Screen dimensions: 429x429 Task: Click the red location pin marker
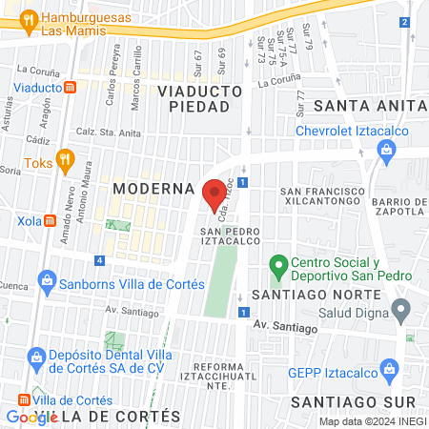(x=214, y=194)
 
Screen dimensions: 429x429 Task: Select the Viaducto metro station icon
(x=71, y=87)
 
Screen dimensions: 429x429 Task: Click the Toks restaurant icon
(x=65, y=159)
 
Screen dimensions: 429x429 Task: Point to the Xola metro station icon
(x=51, y=221)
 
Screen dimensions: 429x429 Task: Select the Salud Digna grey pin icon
(x=401, y=309)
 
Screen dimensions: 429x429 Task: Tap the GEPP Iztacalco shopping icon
(x=388, y=369)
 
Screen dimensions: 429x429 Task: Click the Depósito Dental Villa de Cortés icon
(x=39, y=359)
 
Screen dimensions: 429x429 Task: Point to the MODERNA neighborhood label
(x=153, y=189)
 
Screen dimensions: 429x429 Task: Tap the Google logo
(x=31, y=417)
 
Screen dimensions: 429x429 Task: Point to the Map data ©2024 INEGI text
(x=371, y=421)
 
